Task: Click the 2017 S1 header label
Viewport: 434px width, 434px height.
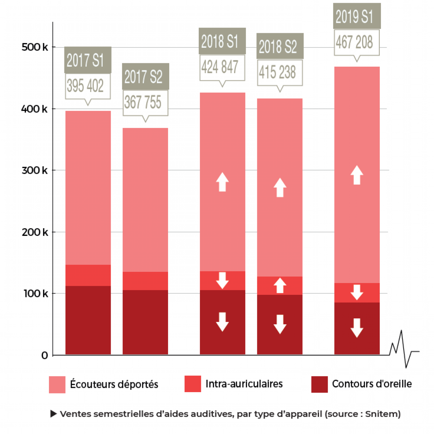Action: coord(88,60)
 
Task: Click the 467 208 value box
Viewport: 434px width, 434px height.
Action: coord(356,42)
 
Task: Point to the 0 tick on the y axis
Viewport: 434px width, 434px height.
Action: coord(45,355)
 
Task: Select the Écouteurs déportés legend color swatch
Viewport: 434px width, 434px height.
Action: coord(57,384)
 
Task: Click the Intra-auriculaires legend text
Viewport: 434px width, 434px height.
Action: coord(244,384)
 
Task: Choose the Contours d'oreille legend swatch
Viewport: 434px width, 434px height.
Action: coord(319,384)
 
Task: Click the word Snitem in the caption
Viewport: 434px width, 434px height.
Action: coord(382,414)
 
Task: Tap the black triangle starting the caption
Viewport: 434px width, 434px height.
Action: coord(53,414)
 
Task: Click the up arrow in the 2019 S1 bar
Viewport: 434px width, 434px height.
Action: coord(357,175)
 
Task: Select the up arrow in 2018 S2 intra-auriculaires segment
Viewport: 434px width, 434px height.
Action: coord(280,285)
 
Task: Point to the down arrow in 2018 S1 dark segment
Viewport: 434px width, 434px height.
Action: coord(222,322)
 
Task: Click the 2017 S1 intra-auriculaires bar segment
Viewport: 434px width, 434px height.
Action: coord(88,275)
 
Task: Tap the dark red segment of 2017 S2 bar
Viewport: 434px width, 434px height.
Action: coord(145,322)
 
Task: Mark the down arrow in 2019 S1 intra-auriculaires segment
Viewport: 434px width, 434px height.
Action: coord(357,292)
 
